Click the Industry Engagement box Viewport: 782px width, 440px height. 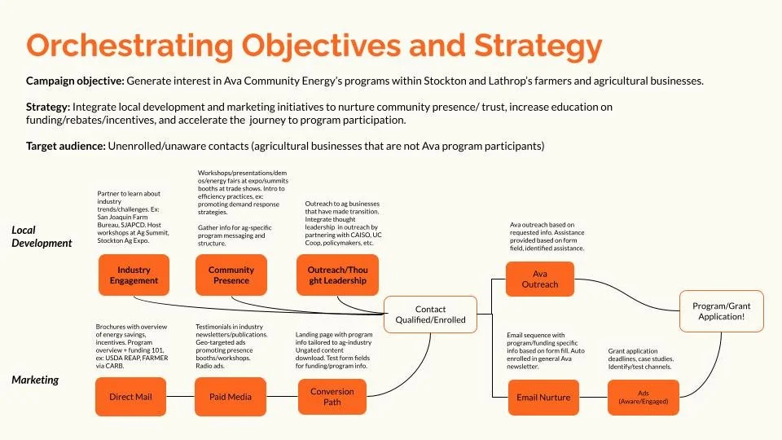[134, 275]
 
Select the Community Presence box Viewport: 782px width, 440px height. [231, 275]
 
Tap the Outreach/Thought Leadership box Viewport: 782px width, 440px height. [336, 275]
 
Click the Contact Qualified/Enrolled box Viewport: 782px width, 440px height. [430, 315]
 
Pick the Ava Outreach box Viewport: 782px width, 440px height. [540, 279]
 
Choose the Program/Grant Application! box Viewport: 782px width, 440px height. [722, 311]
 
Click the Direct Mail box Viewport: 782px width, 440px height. [131, 397]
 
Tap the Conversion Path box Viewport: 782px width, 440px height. [332, 397]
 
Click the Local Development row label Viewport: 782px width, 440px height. [41, 236]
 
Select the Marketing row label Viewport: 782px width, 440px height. [35, 379]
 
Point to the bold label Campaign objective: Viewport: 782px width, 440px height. [76, 81]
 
